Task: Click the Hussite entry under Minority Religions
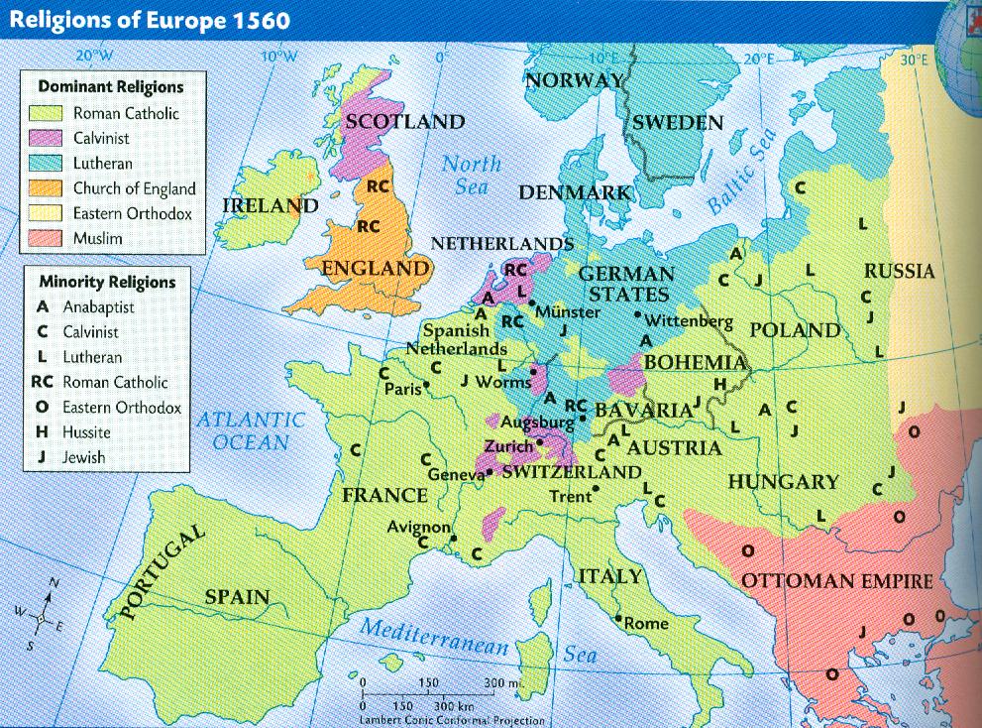[74, 432]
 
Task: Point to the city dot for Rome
[618, 620]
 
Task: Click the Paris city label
[401, 388]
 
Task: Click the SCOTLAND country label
[402, 122]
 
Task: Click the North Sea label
[472, 175]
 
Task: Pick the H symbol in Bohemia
[720, 384]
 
